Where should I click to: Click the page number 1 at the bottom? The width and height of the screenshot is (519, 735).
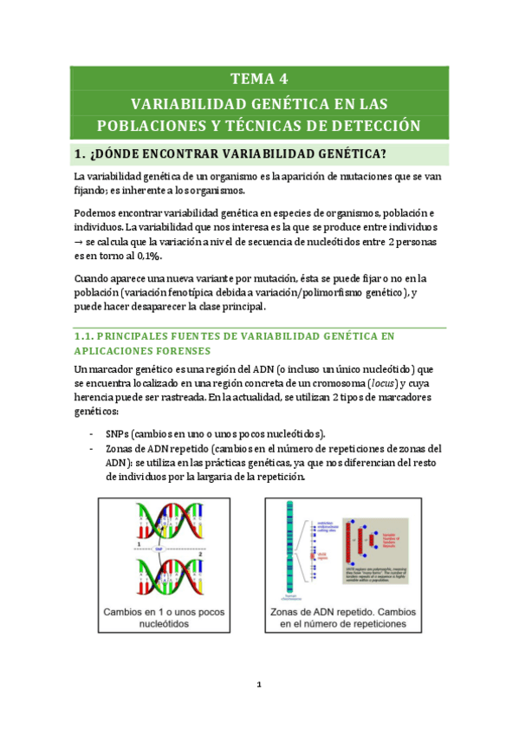(259, 685)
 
